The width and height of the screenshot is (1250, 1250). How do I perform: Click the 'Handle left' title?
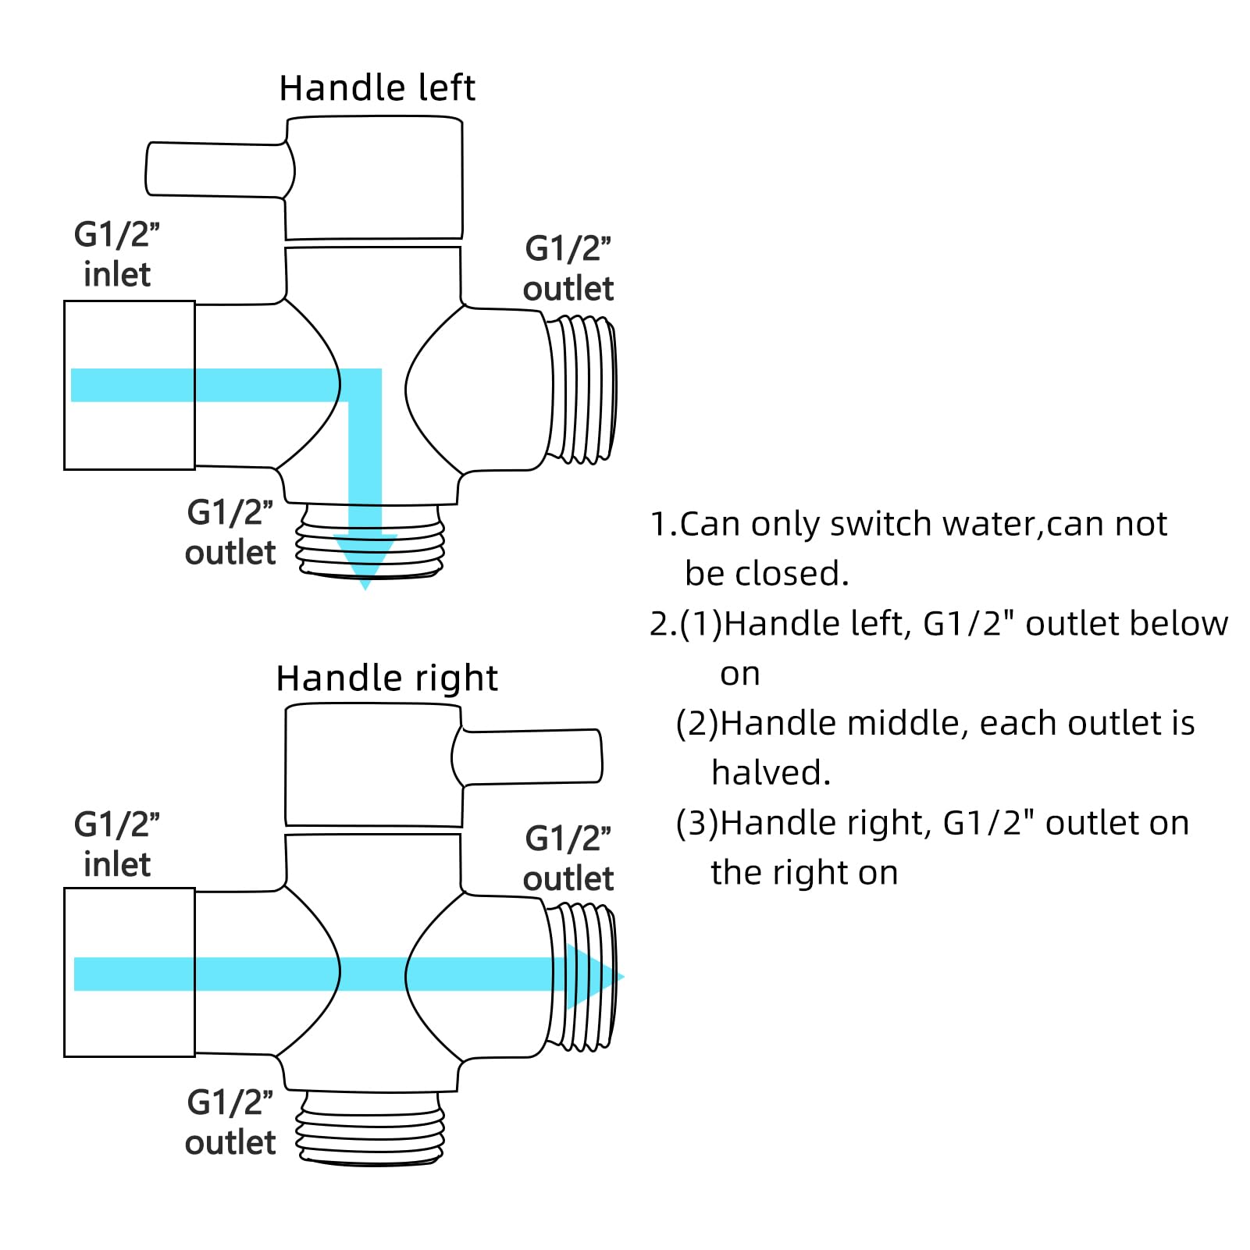(377, 88)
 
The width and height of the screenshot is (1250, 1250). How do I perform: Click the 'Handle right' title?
(386, 678)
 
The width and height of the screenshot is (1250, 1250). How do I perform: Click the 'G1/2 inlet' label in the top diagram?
(117, 255)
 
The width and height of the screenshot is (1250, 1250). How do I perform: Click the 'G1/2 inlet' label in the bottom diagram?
(117, 845)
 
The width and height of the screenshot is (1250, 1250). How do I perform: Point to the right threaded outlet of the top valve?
(582, 388)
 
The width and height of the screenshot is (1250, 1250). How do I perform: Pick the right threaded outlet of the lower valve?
(582, 976)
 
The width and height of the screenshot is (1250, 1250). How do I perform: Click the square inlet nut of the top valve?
(129, 385)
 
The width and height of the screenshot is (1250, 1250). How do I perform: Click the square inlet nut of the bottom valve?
(129, 972)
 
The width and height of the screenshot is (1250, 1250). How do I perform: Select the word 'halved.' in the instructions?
(771, 773)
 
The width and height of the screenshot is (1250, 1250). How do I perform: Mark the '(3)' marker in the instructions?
(696, 824)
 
